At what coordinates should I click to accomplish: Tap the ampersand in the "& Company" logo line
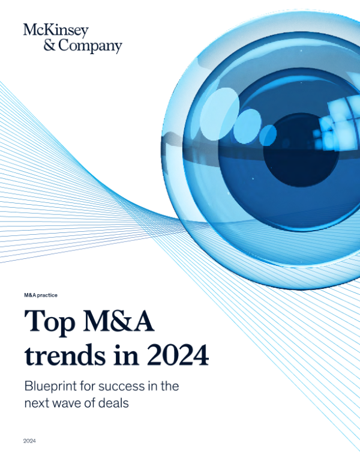(29, 46)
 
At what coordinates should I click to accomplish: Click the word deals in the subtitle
(113, 404)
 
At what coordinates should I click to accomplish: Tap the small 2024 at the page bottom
(30, 441)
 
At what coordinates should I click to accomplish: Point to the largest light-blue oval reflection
(216, 109)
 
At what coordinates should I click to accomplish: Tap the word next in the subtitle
(37, 404)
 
